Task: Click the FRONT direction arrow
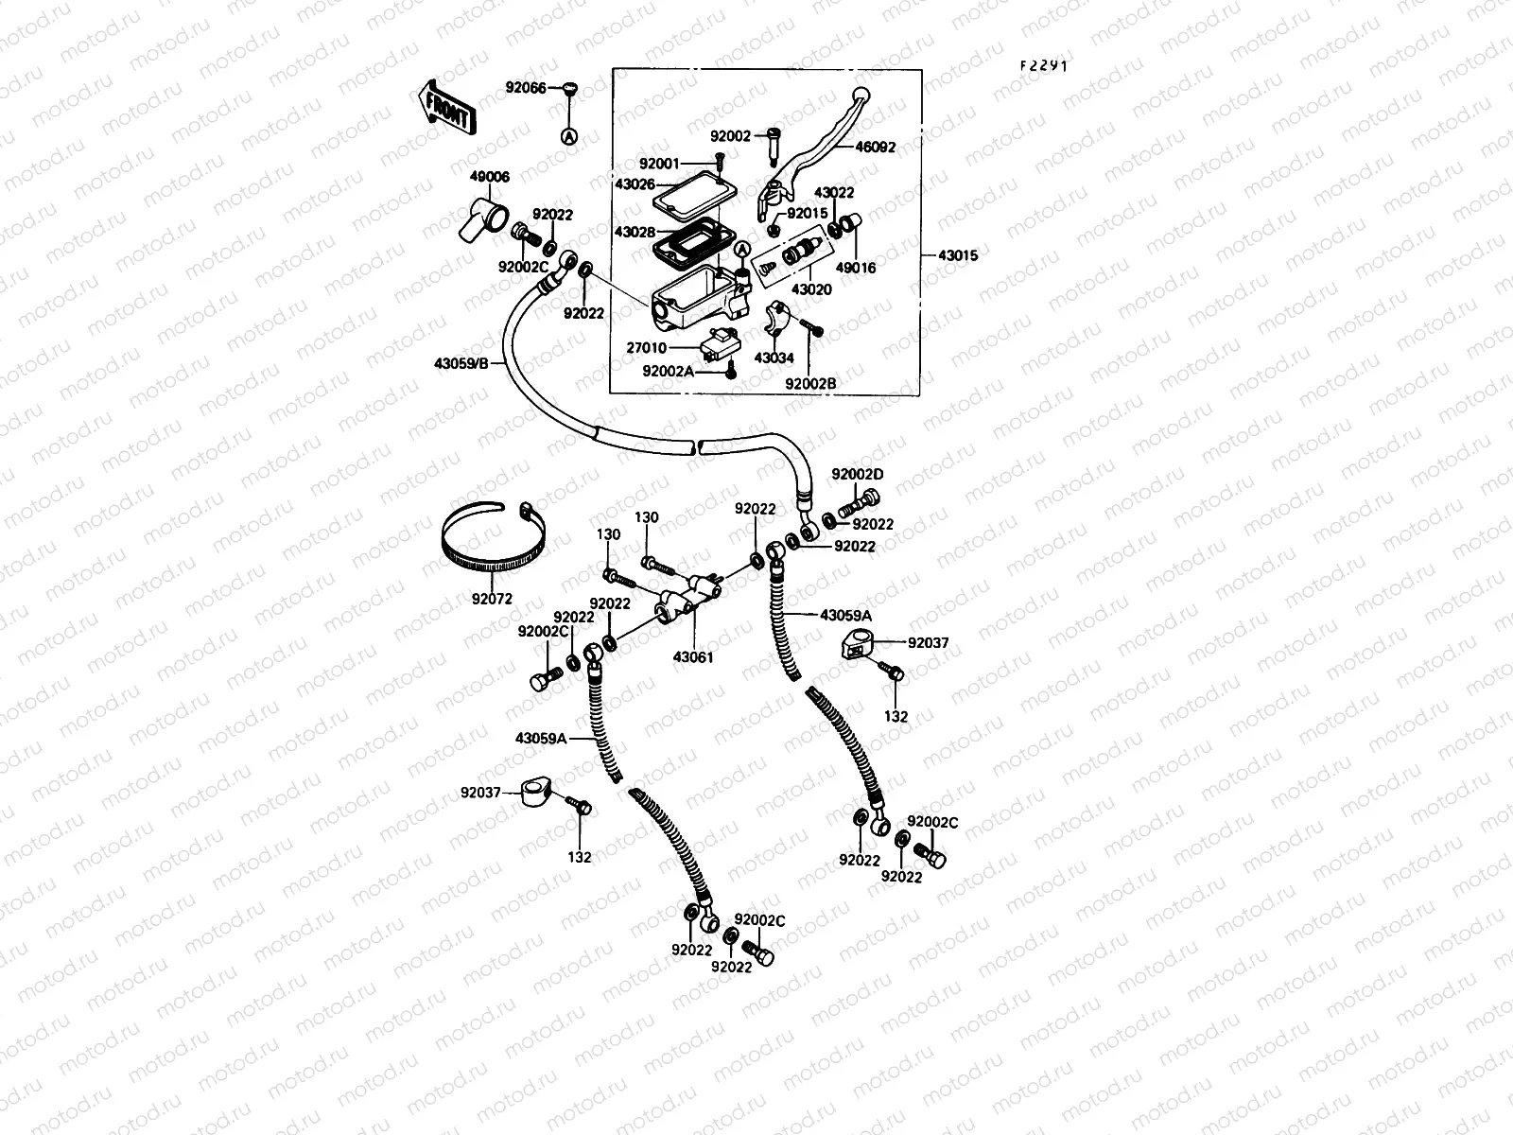445,106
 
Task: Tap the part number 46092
875,148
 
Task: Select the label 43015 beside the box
958,255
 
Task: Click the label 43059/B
461,364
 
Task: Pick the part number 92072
491,599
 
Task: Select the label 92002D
858,474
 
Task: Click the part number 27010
672,348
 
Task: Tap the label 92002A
669,372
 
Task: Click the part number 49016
856,268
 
